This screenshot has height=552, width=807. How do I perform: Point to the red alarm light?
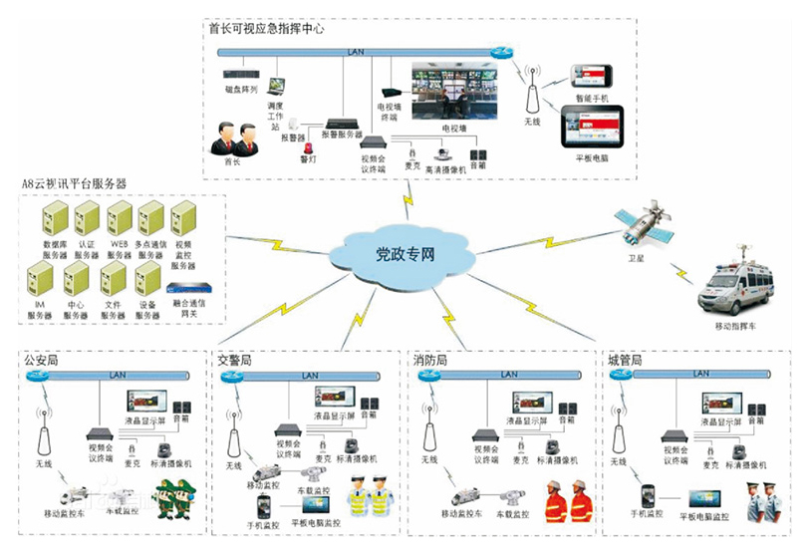pyautogui.click(x=306, y=143)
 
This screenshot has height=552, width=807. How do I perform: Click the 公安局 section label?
pyautogui.click(x=42, y=358)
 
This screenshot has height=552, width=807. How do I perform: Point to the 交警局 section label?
pyautogui.click(x=235, y=358)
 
